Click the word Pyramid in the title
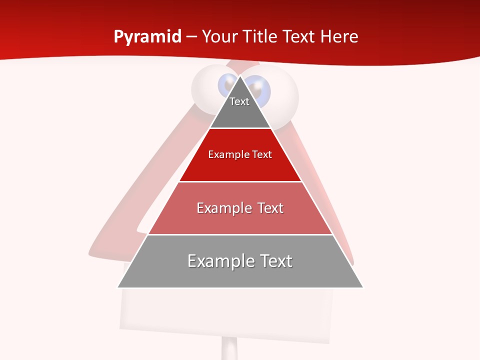(147, 37)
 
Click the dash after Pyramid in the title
(191, 37)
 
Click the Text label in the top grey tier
(239, 101)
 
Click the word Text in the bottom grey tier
(275, 261)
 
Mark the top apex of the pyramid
(240, 76)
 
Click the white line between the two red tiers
(240, 181)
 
